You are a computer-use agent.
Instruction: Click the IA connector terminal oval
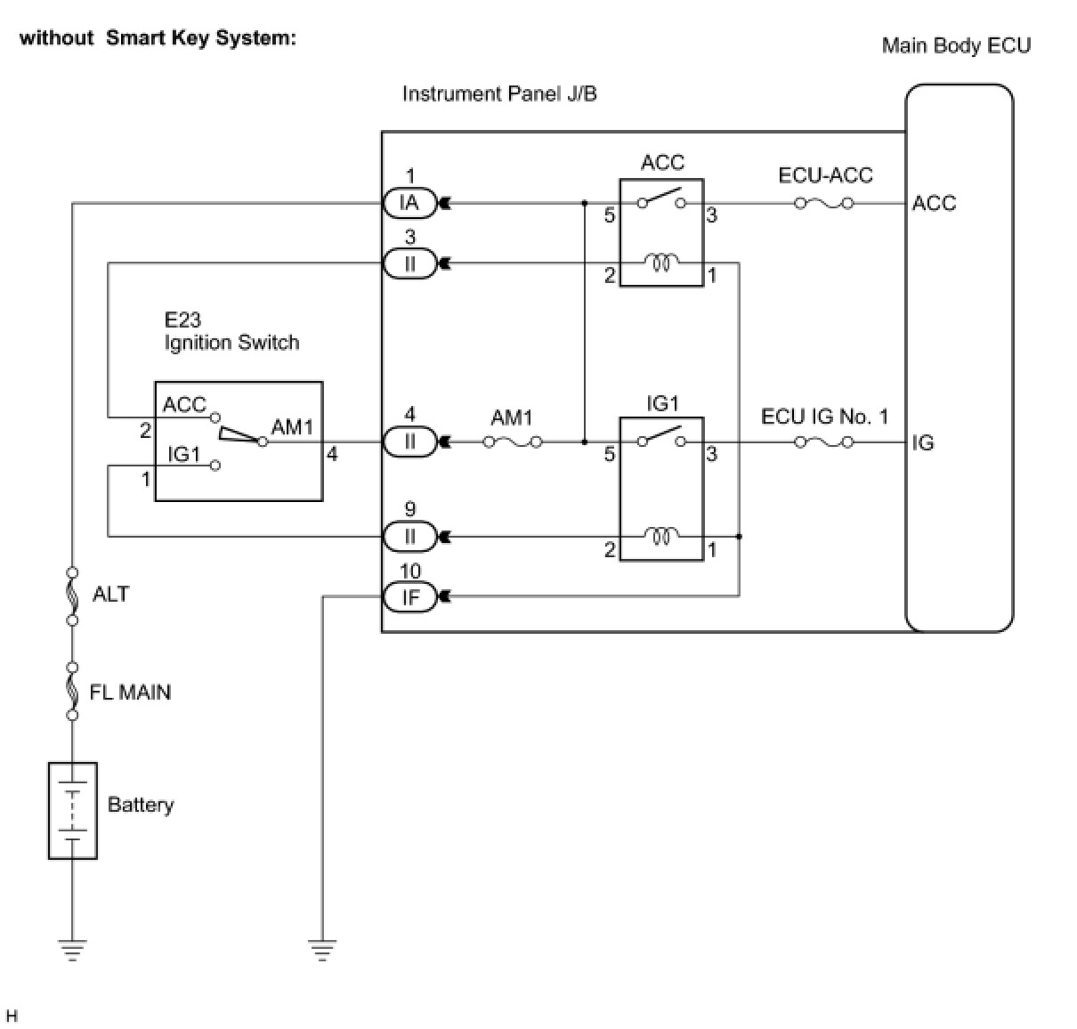click(x=409, y=203)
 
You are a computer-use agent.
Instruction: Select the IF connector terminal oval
click(x=409, y=596)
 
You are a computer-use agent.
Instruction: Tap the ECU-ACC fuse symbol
click(x=823, y=204)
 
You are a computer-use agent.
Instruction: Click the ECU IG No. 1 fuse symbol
click(x=823, y=442)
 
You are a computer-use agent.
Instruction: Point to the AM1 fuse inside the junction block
click(x=513, y=442)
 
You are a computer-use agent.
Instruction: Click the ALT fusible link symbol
click(x=72, y=596)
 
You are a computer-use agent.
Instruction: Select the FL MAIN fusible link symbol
click(x=72, y=691)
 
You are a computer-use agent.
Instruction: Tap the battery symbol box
click(x=72, y=811)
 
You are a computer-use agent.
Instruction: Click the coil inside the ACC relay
click(x=661, y=263)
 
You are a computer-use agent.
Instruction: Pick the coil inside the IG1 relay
click(x=661, y=537)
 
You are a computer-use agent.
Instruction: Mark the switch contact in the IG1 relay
click(x=661, y=437)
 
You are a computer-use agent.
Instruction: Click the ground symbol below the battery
click(x=72, y=950)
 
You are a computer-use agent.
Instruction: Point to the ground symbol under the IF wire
click(x=322, y=950)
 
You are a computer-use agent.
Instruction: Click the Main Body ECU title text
click(x=956, y=45)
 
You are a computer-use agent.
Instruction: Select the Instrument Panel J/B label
click(x=499, y=94)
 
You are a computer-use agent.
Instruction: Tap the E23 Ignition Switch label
click(x=231, y=331)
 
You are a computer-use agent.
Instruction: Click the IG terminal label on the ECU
click(x=923, y=442)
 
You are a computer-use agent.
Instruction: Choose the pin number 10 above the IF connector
click(x=410, y=571)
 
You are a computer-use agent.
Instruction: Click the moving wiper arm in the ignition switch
click(x=240, y=435)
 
